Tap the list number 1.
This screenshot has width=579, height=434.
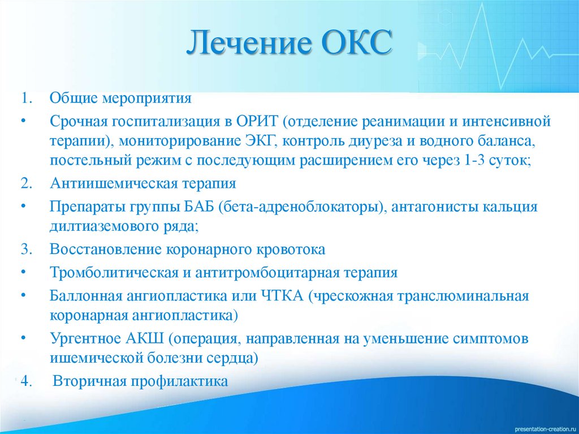tap(26, 98)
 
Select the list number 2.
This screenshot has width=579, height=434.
tap(26, 183)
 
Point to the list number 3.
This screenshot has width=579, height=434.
tap(26, 249)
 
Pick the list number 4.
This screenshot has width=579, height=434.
tap(26, 381)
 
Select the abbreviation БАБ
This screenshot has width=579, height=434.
tap(199, 207)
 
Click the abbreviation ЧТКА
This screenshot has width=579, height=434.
tap(283, 296)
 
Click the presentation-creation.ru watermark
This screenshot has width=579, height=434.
tap(546, 429)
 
